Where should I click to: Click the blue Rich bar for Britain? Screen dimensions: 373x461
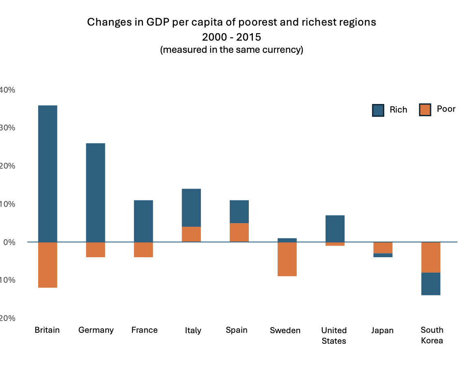[48, 173]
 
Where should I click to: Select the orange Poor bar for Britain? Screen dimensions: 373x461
[48, 265]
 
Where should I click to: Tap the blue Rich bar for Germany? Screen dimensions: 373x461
[96, 192]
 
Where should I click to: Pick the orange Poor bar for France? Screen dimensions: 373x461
[143, 249]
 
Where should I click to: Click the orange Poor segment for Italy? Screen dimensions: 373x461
[191, 234]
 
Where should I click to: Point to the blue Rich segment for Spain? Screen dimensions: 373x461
[239, 212]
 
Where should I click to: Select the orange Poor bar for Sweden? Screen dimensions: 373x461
[287, 259]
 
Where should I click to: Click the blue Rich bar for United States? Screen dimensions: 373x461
[335, 228]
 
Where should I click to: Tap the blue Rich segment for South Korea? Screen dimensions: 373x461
[431, 284]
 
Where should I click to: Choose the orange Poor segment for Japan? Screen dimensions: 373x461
[383, 248]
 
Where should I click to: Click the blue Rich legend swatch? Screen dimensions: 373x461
[378, 110]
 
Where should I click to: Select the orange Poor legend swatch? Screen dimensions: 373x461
[425, 110]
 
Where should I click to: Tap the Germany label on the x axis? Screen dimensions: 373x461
[96, 330]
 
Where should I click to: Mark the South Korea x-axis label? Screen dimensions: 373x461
[432, 335]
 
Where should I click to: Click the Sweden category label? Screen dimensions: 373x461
[285, 330]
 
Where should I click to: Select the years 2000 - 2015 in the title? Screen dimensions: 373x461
[231, 37]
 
